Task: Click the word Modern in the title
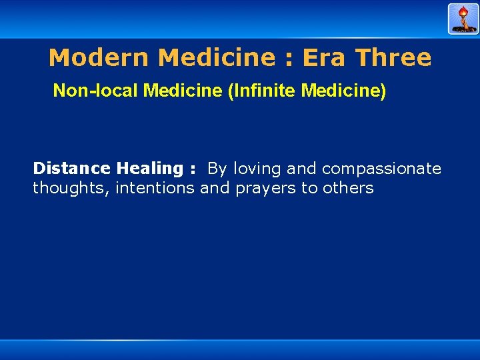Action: [99, 58]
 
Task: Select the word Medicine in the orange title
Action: [216, 58]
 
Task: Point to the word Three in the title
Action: [393, 58]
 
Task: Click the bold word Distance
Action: [72, 169]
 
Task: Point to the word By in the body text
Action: [217, 169]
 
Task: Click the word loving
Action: [257, 169]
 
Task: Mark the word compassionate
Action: [381, 169]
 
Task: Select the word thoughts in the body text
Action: [71, 189]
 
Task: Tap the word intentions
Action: [155, 188]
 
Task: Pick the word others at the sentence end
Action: [348, 188]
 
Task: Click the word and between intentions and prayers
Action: [215, 188]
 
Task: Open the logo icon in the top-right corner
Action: [463, 19]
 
